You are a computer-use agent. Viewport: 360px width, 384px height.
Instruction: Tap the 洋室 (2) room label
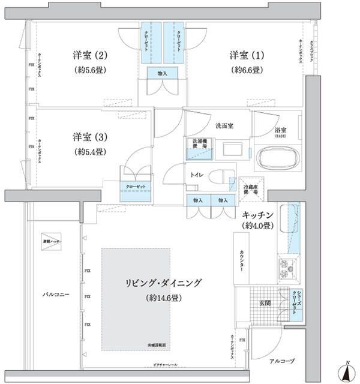90,56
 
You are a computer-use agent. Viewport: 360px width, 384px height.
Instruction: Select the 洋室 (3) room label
90,136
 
